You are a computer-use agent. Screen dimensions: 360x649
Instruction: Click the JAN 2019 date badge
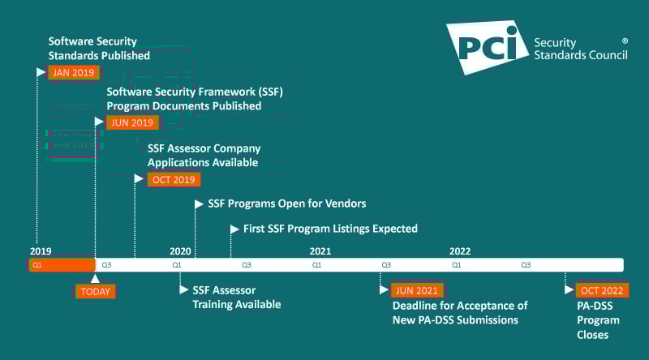[x=73, y=71]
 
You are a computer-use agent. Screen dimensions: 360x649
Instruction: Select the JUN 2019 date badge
[x=131, y=122]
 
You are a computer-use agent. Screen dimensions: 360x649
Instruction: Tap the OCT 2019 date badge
[x=173, y=179]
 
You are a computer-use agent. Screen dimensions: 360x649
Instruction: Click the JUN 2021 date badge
[x=417, y=290]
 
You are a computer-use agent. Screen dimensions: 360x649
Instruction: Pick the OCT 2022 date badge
[x=602, y=290]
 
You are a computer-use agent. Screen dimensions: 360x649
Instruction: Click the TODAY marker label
[x=95, y=291]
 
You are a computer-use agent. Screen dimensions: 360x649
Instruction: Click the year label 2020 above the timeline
[x=180, y=251]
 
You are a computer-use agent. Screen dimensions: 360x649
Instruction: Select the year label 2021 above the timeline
[x=320, y=251]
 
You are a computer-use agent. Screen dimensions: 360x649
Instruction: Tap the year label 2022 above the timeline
[x=460, y=251]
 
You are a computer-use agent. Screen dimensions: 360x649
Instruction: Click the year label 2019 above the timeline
[x=41, y=251]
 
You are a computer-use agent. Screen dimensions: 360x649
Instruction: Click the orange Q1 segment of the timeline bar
[x=62, y=265]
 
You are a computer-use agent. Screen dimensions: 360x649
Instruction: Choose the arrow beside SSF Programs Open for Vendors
[x=200, y=204]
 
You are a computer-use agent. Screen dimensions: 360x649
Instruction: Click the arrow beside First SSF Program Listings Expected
[x=234, y=229]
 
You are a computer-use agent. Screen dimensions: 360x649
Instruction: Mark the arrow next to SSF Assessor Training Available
[x=184, y=289]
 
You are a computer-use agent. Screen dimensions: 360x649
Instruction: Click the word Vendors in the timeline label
[x=345, y=204]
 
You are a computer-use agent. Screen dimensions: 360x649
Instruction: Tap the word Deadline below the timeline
[x=418, y=306]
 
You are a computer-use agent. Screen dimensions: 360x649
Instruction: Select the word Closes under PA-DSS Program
[x=593, y=335]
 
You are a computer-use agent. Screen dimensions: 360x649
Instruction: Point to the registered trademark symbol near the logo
[x=625, y=40]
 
